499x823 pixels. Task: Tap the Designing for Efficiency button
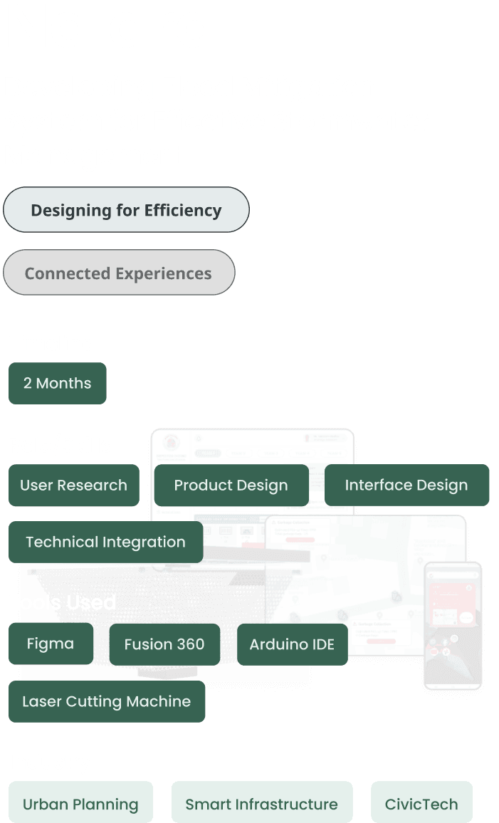pos(126,210)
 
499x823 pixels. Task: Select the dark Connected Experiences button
pos(118,273)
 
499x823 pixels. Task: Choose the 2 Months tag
pos(57,383)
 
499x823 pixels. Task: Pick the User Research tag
pos(73,486)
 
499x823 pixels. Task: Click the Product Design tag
pos(231,486)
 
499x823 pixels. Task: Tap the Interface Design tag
pos(406,486)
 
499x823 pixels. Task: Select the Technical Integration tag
pos(105,542)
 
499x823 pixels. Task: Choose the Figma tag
pos(50,644)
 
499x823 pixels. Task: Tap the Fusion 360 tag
pos(164,644)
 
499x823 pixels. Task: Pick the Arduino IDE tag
pos(292,644)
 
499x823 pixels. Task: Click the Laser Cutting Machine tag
pos(106,701)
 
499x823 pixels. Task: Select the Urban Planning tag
pos(80,804)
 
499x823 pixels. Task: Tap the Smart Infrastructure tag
pos(261,804)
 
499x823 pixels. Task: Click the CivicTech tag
pos(421,804)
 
